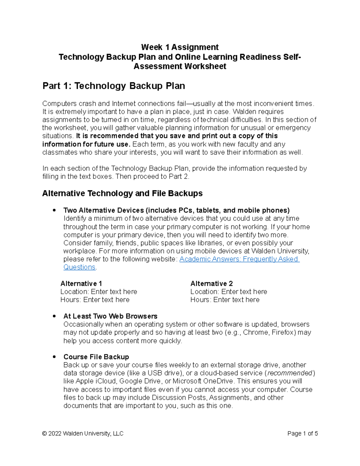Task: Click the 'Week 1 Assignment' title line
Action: point(180,47)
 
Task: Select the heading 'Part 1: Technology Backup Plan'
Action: point(114,86)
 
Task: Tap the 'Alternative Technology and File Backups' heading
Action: point(122,194)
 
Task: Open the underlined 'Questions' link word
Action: point(79,267)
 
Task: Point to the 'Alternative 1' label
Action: point(81,284)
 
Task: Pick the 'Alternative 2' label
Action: point(211,284)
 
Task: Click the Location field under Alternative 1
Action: point(114,292)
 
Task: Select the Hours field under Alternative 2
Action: point(236,300)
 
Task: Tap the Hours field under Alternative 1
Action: point(106,300)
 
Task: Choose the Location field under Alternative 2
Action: point(244,292)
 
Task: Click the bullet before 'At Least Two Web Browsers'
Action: point(54,316)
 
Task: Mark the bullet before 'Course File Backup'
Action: point(54,357)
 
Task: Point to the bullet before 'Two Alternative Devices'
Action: point(54,210)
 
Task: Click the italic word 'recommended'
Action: point(290,373)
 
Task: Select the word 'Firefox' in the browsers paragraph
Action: point(283,332)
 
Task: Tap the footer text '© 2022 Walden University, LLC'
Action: point(83,434)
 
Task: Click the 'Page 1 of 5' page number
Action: point(302,434)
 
